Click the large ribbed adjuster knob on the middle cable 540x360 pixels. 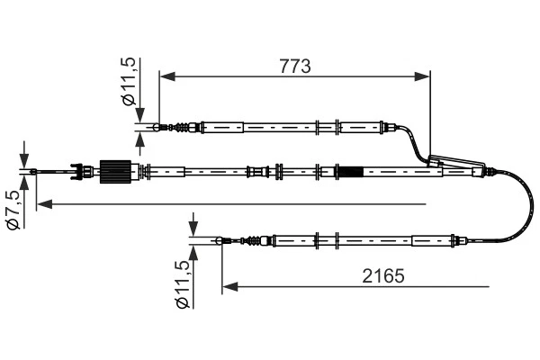coord(114,170)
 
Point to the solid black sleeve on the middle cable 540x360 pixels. coord(349,170)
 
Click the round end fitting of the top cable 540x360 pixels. coord(158,128)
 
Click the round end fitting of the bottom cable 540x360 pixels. coord(221,240)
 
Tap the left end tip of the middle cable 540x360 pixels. coord(34,171)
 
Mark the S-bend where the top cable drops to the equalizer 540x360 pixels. coord(417,144)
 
